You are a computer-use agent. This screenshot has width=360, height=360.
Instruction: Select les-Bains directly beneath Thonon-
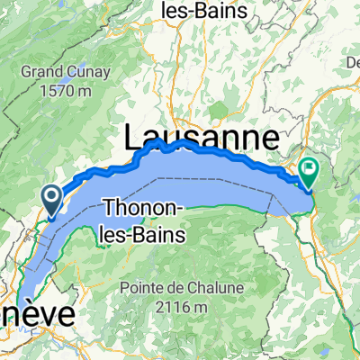144,234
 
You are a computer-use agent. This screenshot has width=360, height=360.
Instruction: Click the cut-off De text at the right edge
352,61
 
